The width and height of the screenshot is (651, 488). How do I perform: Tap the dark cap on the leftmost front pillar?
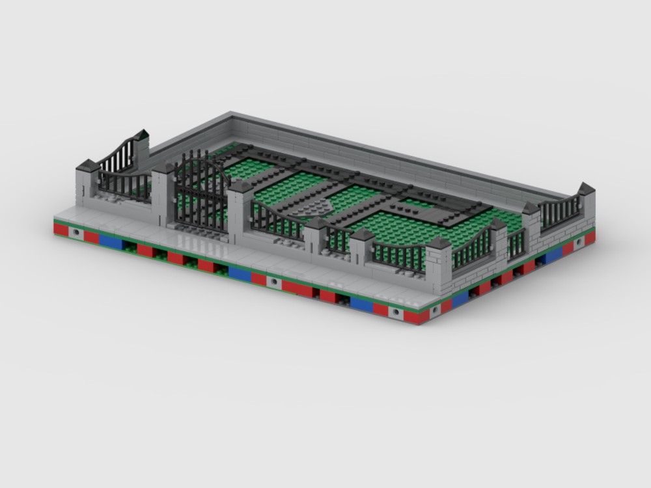pos(87,166)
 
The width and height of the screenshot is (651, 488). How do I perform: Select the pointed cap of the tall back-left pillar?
pos(142,135)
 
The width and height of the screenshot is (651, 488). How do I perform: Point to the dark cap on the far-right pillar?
pos(586,189)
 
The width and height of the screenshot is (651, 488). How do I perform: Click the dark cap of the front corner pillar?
pos(438,243)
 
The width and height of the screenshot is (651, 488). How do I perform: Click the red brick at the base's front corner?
pos(417,317)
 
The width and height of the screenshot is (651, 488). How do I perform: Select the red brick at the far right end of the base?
pos(590,239)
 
